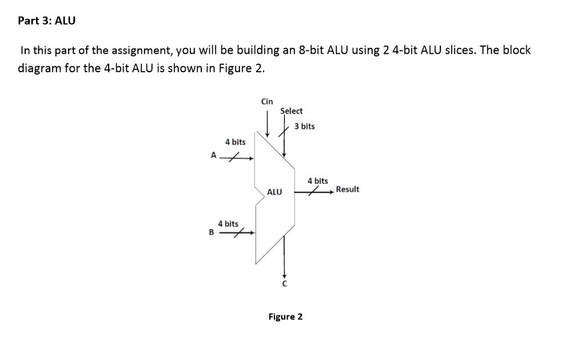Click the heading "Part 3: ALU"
coord(46,21)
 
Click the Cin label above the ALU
coord(267,101)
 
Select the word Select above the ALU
coord(292,110)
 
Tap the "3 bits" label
coord(305,126)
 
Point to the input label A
coord(214,155)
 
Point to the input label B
coord(212,232)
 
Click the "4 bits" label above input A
coord(235,141)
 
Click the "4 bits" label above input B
coord(228,223)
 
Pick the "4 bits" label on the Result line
coord(318,181)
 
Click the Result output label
coord(348,189)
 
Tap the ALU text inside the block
coord(274,192)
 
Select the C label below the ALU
coord(284,284)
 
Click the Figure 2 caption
coord(285,317)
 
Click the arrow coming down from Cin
coord(267,123)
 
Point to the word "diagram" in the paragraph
coord(39,69)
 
